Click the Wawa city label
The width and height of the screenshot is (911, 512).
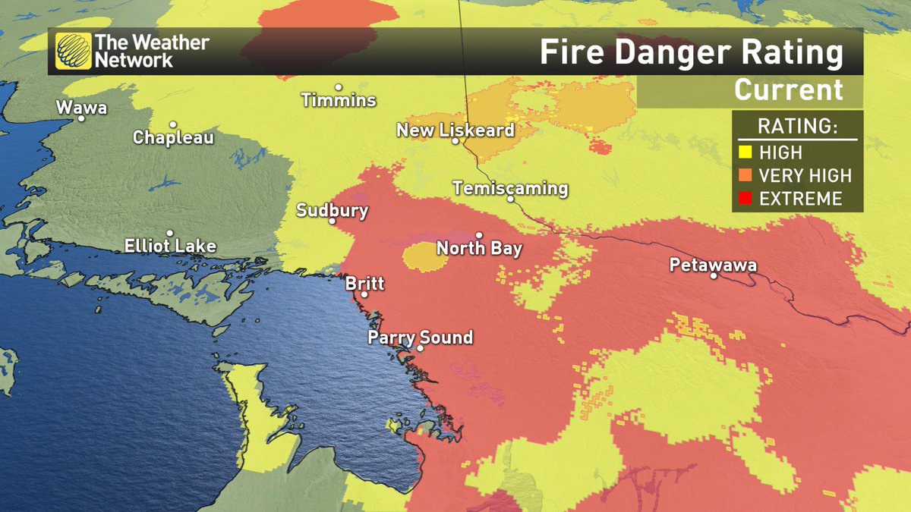click(82, 108)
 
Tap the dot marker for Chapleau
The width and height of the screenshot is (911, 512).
click(173, 125)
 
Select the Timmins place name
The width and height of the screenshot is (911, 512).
click(339, 100)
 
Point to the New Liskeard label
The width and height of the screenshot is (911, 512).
click(455, 130)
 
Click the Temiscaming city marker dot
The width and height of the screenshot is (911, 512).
click(511, 199)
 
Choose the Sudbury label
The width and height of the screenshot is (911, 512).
click(333, 210)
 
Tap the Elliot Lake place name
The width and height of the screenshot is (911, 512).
click(170, 246)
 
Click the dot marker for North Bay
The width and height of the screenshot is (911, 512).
click(479, 235)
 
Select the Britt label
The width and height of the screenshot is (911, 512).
click(364, 284)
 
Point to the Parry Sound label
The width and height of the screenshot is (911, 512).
click(420, 337)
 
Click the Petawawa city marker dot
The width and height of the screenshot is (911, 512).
click(714, 275)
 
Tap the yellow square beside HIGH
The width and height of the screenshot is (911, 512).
click(746, 152)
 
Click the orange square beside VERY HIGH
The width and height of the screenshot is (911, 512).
click(746, 175)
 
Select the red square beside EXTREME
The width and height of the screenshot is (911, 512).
click(746, 198)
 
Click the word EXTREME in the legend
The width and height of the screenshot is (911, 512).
click(800, 198)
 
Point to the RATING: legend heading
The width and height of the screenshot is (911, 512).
click(796, 127)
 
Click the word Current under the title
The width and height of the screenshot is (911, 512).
click(789, 90)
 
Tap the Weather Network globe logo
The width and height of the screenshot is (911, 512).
click(74, 52)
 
